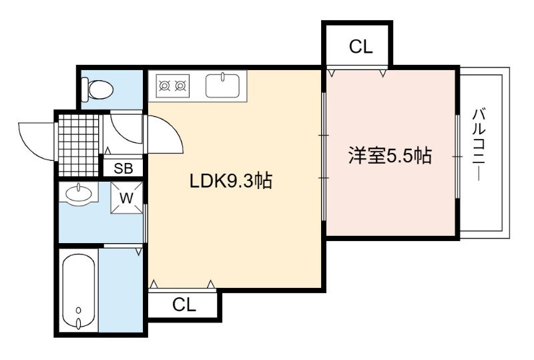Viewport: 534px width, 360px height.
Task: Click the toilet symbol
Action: [x=97, y=89]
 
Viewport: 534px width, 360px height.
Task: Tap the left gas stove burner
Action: [x=165, y=86]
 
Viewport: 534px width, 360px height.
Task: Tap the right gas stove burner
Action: [x=180, y=86]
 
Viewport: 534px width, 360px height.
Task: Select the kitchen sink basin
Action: [x=222, y=85]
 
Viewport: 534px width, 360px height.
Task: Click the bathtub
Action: [x=79, y=291]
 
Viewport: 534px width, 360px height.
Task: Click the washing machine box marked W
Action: [x=126, y=198]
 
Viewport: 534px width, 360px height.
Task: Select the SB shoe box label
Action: [x=123, y=168]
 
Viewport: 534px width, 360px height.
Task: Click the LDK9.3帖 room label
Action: [x=231, y=181]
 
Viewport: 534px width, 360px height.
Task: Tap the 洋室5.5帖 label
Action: [x=390, y=156]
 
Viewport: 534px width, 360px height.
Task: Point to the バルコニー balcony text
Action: [x=479, y=144]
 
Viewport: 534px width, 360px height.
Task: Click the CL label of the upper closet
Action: [x=360, y=47]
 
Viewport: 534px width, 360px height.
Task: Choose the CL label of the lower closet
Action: [x=184, y=305]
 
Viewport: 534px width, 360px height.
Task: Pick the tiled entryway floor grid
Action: [x=79, y=145]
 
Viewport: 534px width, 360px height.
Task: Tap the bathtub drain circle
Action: [x=79, y=310]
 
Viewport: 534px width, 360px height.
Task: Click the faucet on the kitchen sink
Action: [x=223, y=77]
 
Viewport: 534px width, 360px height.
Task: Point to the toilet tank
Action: [x=85, y=89]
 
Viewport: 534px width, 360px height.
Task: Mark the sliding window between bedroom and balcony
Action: [x=457, y=156]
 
